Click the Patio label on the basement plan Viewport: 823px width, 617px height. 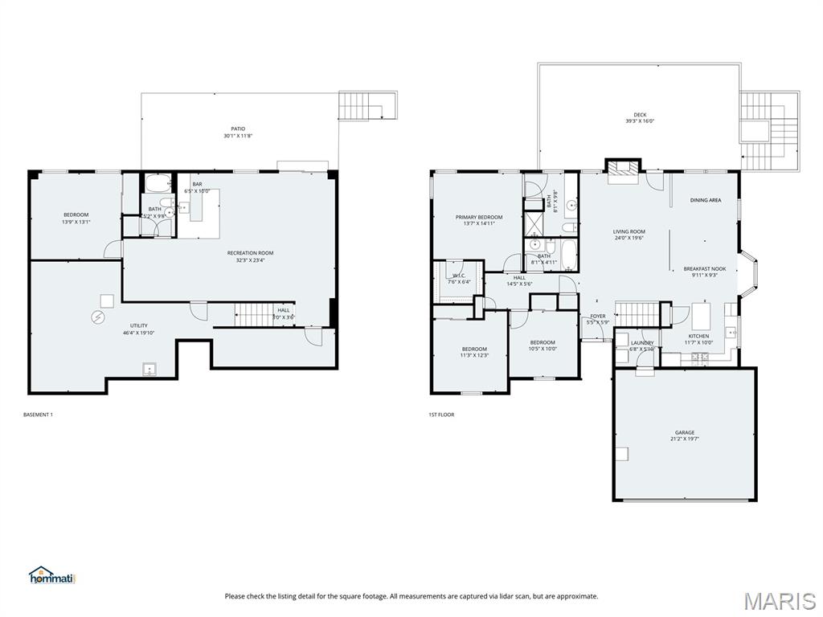coord(238,129)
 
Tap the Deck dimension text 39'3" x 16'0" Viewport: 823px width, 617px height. coord(640,121)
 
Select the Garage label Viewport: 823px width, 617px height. coord(685,432)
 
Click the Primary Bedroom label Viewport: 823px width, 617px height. coord(478,217)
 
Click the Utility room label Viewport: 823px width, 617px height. coord(139,325)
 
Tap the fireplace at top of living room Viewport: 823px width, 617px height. coord(623,170)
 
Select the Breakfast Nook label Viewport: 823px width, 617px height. coord(705,269)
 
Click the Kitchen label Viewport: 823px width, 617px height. coord(698,336)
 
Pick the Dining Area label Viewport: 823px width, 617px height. coord(705,200)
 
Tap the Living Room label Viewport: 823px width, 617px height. coord(629,231)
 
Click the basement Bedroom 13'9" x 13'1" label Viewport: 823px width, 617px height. coord(76,215)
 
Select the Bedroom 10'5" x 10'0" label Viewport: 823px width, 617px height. coord(543,342)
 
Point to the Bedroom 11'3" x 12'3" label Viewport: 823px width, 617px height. coord(474,349)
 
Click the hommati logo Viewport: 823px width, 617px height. coord(52,575)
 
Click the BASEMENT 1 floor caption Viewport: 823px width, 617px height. coord(39,415)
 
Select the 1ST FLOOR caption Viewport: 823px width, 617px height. coord(441,415)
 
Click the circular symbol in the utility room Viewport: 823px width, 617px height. coord(98,317)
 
